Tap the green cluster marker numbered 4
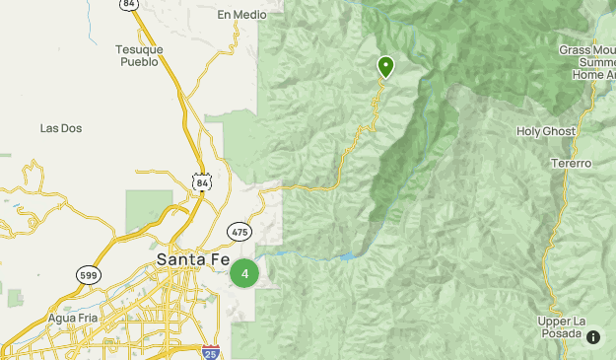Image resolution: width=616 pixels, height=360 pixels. [244, 274]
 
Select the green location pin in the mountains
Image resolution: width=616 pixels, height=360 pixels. [385, 66]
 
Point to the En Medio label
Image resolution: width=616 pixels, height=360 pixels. [242, 15]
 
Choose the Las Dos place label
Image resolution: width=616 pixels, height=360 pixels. [60, 128]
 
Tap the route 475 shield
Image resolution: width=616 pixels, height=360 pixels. [239, 231]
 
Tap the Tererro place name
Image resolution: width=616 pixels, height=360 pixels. [571, 163]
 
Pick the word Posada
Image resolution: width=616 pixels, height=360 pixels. [563, 335]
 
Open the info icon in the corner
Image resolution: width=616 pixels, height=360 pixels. [593, 337]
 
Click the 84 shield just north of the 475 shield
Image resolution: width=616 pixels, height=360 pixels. [201, 182]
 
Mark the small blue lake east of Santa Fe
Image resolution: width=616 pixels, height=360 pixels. [347, 257]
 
